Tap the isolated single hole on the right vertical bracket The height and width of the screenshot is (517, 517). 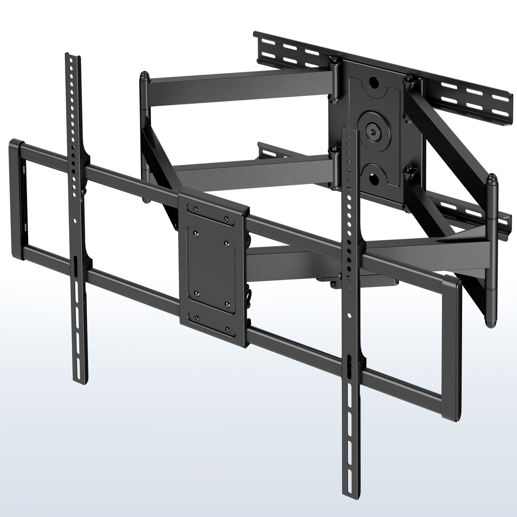(x=349, y=315)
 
